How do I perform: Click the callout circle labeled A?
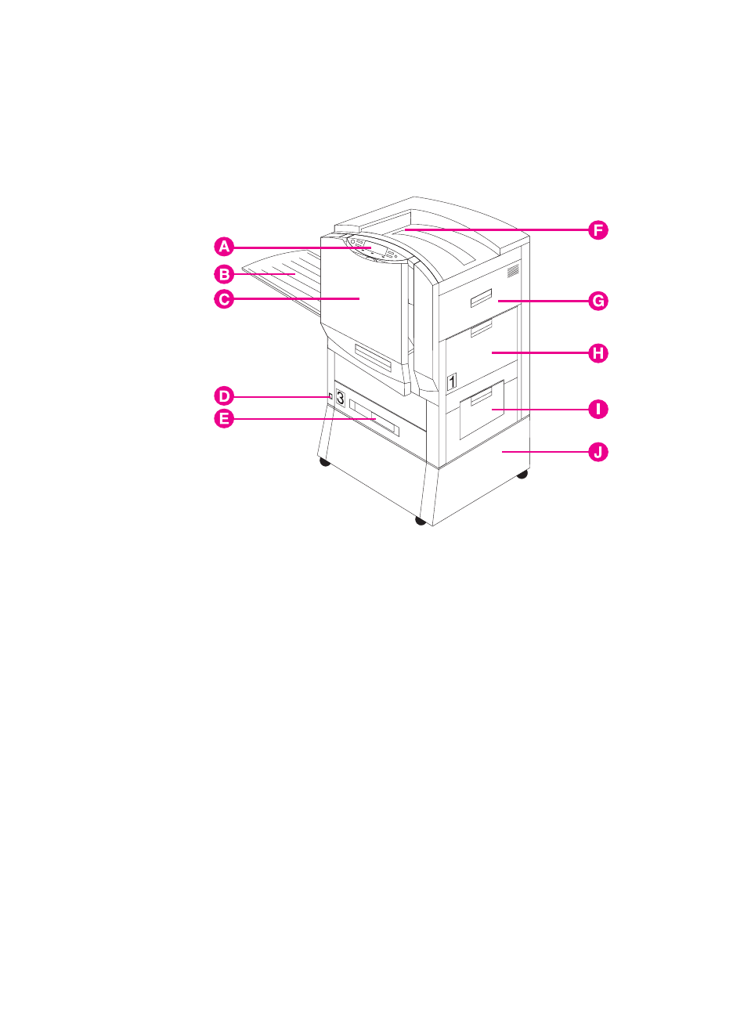pos(225,247)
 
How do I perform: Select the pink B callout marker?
pos(225,274)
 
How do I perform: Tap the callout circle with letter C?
pos(225,298)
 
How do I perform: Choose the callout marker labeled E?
pos(225,419)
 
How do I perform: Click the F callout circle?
pos(598,230)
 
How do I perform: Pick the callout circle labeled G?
pos(598,301)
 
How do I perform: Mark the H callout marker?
pos(598,353)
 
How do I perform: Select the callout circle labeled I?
pos(598,409)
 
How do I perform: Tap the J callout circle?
pos(598,452)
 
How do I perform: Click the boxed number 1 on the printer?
pos(452,382)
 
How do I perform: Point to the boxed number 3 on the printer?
pos(340,396)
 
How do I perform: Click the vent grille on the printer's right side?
pos(513,272)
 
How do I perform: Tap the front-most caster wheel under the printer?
pos(421,521)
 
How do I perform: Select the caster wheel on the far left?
pos(324,462)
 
